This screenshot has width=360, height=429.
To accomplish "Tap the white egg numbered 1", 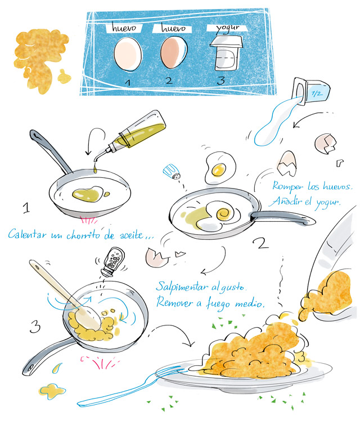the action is coord(128,54).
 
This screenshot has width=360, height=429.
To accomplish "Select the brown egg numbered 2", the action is coord(174,52).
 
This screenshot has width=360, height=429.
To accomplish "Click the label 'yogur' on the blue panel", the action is coord(227,29).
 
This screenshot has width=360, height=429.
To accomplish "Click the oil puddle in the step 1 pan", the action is coord(89,194).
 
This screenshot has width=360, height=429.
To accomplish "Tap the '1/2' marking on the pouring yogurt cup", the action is coord(317,94).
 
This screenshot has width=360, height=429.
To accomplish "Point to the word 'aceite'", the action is coord(132,235).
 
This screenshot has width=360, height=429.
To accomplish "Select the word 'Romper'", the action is coord(288,186).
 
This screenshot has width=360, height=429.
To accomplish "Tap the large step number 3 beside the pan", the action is coord(35,326).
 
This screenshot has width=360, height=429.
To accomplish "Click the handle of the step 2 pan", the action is coord(283,217).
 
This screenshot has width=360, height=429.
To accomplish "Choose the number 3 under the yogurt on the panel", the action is coord(221,80).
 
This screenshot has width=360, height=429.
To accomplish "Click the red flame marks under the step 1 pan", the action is coord(88,220).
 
